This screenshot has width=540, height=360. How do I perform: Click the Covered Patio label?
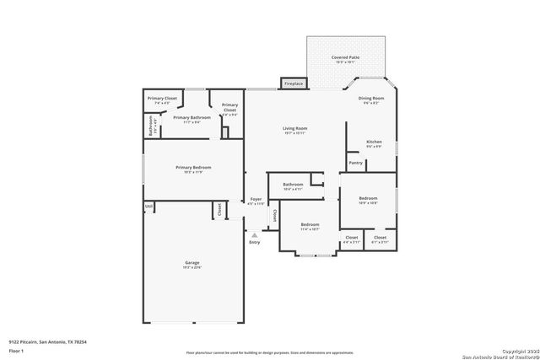pos(346,58)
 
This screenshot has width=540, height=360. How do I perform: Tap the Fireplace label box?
pos(294,84)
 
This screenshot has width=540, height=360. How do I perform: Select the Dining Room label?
pos(371,99)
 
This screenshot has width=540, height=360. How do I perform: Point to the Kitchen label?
pos(374,142)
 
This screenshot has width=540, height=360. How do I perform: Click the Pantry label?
pos(355,163)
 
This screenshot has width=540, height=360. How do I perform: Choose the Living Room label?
pos(294,129)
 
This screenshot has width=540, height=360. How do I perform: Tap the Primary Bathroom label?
pos(192,118)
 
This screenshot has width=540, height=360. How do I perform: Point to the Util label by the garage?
pos(148,206)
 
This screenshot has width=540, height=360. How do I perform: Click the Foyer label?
pos(256,201)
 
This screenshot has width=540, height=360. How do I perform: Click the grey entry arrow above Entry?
pos(255,234)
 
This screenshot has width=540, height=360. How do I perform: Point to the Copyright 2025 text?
pos(516,350)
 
